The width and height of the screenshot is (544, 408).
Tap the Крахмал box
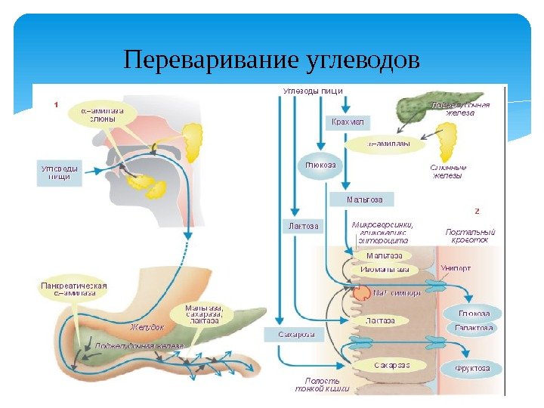pos(347,122)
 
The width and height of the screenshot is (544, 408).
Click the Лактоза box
pos(303,225)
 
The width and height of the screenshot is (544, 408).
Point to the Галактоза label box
pos(474,329)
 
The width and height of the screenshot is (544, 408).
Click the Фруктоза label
pos(471,368)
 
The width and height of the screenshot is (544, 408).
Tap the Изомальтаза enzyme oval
pos(385,269)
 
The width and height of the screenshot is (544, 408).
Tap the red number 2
pos(475,211)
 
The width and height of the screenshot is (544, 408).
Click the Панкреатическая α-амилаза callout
pos(73,291)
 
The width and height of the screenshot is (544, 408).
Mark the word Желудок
pos(147,327)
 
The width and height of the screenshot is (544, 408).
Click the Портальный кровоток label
pos(470,235)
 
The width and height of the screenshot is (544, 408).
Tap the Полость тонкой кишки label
pos(322,386)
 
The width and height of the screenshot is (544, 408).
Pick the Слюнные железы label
pos(448,172)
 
